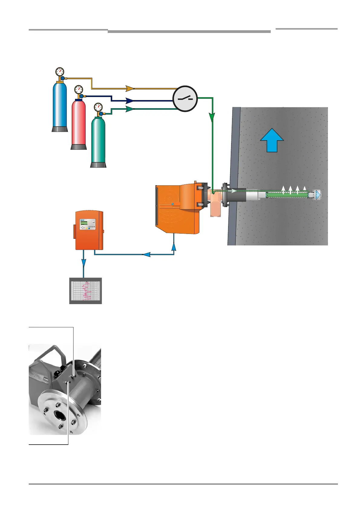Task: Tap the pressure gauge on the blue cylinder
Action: (x=60, y=72)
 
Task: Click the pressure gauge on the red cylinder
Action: (x=79, y=89)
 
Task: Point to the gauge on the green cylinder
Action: (x=98, y=107)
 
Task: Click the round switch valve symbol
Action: (x=185, y=99)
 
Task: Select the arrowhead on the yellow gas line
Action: (x=130, y=88)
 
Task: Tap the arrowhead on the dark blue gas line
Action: (x=130, y=101)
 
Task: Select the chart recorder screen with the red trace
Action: (x=86, y=290)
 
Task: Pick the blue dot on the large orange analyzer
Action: (x=172, y=204)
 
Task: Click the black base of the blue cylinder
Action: (x=60, y=129)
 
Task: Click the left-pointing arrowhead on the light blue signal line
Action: (x=146, y=254)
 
